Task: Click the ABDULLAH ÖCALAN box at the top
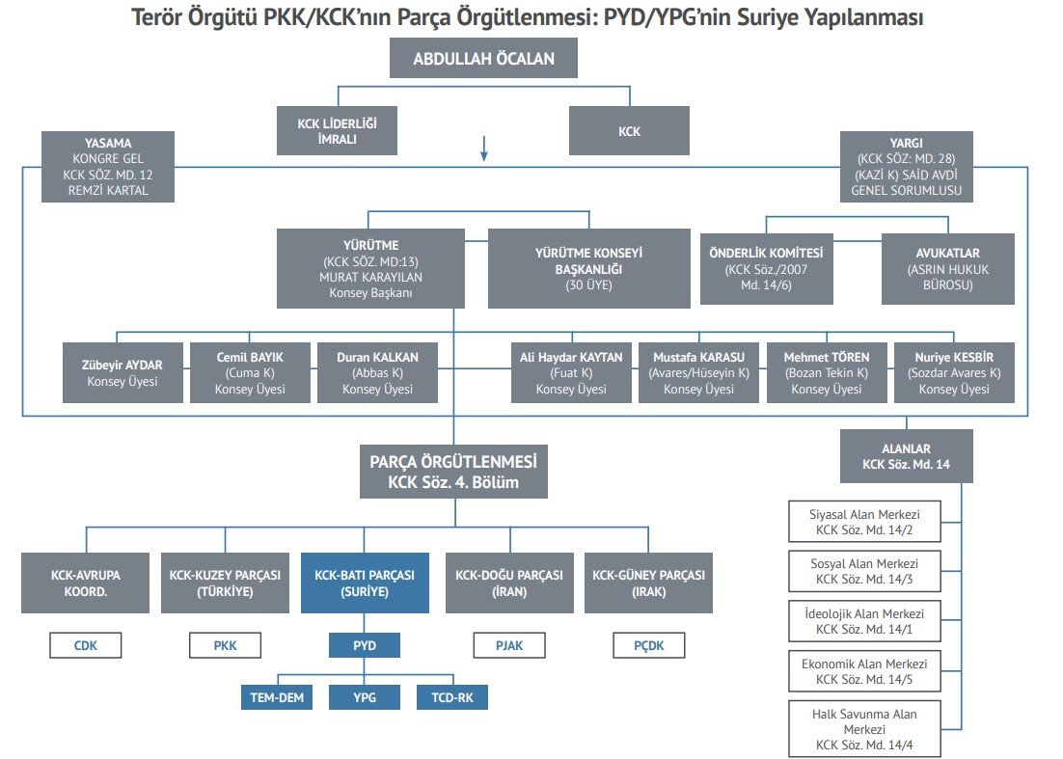click(x=483, y=59)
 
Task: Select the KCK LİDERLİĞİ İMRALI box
click(x=337, y=130)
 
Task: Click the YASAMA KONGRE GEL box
click(x=109, y=167)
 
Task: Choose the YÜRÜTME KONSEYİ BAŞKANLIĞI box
click(x=588, y=268)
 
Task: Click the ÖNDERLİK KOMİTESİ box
click(x=767, y=269)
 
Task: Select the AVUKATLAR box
click(x=946, y=269)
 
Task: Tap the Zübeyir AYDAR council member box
click(x=123, y=372)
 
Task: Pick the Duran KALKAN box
click(x=377, y=372)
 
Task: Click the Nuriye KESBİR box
click(x=953, y=372)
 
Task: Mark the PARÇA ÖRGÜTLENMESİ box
click(x=453, y=472)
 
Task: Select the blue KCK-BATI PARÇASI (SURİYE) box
click(x=365, y=583)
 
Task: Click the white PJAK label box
click(x=509, y=645)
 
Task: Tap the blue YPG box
click(x=365, y=696)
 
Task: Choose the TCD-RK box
click(x=452, y=696)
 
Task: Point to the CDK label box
click(x=86, y=645)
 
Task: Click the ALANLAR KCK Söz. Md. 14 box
click(x=905, y=457)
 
